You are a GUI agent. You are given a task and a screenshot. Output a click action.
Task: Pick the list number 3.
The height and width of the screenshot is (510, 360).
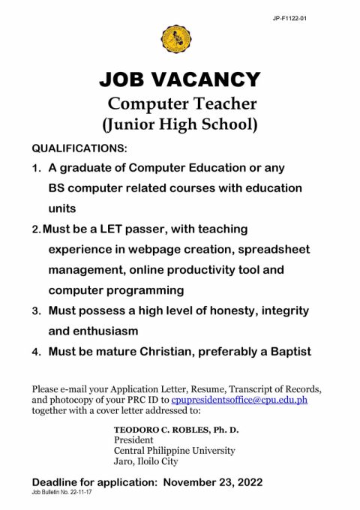click(x=37, y=310)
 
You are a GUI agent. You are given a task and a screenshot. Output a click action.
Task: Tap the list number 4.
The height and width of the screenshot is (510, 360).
click(x=37, y=351)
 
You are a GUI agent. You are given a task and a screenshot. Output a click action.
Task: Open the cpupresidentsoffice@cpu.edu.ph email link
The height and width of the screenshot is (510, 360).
click(x=239, y=400)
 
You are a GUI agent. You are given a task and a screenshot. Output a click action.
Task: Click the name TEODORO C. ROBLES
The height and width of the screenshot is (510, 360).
click(x=152, y=429)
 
